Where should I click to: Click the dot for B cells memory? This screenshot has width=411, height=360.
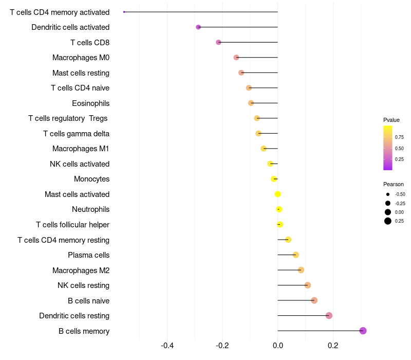(363, 331)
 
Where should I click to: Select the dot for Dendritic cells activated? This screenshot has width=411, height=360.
(198, 27)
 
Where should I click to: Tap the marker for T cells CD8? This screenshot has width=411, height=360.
(218, 42)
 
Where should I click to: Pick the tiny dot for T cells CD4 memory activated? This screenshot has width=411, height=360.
(124, 12)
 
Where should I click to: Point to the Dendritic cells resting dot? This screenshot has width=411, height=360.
(329, 315)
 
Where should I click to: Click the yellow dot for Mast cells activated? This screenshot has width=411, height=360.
(277, 194)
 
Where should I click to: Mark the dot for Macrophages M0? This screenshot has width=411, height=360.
(236, 58)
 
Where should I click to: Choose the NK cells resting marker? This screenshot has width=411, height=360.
(308, 285)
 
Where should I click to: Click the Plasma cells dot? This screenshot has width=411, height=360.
(296, 255)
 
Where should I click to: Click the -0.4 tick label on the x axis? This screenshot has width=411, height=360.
(167, 345)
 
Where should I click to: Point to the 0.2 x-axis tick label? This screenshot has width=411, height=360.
(333, 345)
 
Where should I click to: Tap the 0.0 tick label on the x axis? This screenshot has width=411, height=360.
(278, 345)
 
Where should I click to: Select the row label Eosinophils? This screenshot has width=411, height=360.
(91, 103)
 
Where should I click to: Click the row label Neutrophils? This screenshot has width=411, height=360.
(91, 209)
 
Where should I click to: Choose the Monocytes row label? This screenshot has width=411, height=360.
(92, 179)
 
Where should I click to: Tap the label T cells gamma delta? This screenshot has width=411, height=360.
(76, 134)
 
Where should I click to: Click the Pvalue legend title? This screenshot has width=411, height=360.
(391, 120)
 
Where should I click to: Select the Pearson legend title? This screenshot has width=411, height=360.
(393, 184)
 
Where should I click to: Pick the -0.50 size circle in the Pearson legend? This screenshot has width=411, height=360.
(388, 194)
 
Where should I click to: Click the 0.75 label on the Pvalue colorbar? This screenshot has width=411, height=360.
(399, 137)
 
